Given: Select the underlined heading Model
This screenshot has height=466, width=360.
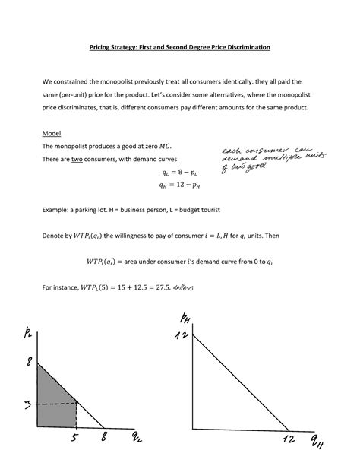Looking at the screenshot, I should [52, 132].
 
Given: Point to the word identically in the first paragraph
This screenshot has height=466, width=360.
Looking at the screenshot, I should [231, 81].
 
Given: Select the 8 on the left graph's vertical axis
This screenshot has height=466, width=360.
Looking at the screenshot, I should [30, 363].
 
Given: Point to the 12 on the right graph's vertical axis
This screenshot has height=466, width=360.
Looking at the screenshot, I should [181, 335].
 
